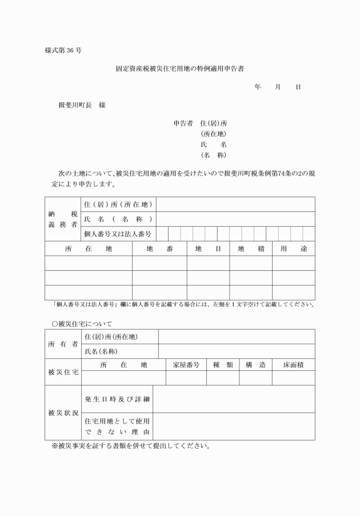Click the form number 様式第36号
tap(63, 50)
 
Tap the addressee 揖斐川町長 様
tap(82, 105)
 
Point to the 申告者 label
tap(184, 123)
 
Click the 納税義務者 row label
tap(63, 219)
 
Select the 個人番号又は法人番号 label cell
tap(117, 234)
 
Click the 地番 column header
tap(159, 249)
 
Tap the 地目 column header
tap(208, 249)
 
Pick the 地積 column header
tap(251, 249)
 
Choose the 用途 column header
tap(293, 249)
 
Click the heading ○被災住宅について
tap(82, 323)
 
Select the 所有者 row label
tap(63, 344)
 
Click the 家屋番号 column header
tap(185, 365)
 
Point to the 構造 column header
tap(255, 365)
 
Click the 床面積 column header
tap(293, 365)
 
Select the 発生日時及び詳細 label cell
tap(117, 399)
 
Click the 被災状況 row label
tap(63, 413)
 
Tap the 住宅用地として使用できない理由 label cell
tap(117, 426)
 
